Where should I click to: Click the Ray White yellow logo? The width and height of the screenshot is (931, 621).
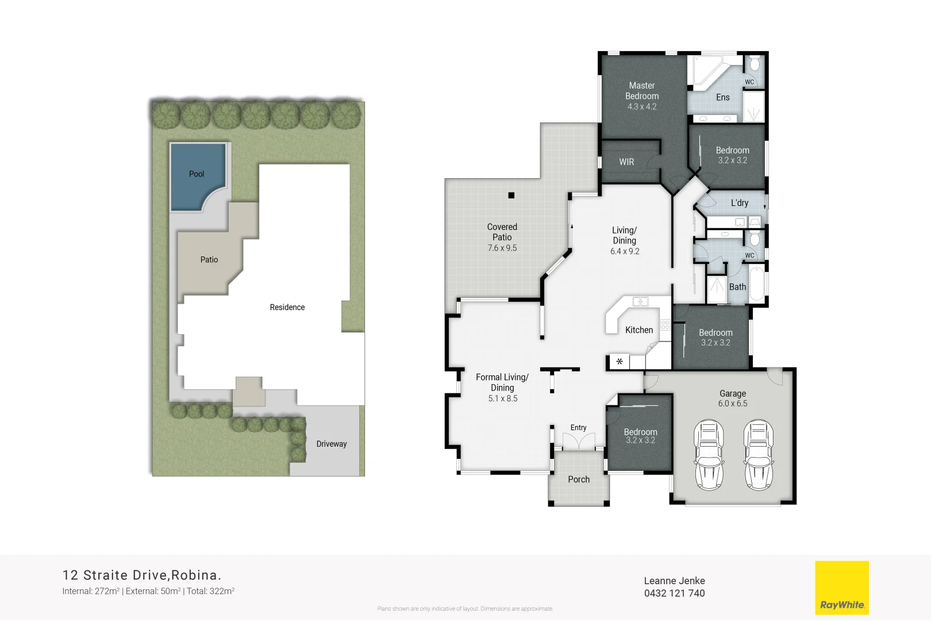click(842, 588)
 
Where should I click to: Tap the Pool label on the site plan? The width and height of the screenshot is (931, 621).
click(197, 174)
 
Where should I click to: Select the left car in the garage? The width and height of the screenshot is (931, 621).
click(709, 454)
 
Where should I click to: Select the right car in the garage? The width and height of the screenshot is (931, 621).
click(759, 454)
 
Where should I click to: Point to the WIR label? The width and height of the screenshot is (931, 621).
click(626, 162)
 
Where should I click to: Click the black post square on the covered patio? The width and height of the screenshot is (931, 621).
click(511, 195)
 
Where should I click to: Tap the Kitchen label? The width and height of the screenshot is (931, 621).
click(639, 330)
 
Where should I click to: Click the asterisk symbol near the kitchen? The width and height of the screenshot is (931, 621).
click(620, 362)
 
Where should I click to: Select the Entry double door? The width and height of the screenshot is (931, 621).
click(578, 441)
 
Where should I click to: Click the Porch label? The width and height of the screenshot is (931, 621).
click(579, 480)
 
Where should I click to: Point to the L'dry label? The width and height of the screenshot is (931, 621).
click(740, 203)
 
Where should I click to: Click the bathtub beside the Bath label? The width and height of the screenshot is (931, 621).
click(757, 285)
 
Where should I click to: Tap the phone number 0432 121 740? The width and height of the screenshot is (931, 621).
click(674, 593)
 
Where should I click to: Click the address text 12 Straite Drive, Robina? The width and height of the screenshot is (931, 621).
click(141, 575)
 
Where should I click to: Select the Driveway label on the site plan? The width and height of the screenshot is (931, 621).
click(332, 444)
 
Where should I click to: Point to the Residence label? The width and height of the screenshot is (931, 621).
click(287, 308)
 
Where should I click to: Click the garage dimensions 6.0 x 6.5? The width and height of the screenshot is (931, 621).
click(733, 404)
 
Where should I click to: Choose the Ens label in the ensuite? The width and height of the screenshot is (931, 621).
click(722, 98)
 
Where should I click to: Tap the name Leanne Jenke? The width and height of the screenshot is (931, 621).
click(674, 581)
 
